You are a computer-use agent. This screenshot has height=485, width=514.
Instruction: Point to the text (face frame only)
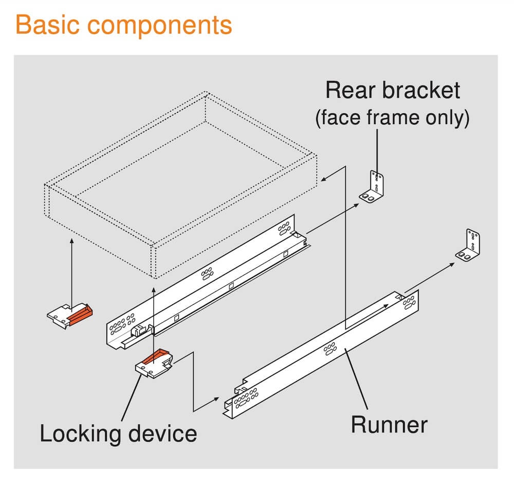click(392, 118)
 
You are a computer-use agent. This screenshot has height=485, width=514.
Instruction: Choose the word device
click(164, 434)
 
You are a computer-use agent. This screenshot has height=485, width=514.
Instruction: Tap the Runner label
click(389, 425)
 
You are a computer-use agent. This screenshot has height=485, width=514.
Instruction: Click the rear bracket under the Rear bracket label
click(374, 187)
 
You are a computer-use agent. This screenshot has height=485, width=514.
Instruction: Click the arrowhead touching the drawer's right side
click(322, 180)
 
